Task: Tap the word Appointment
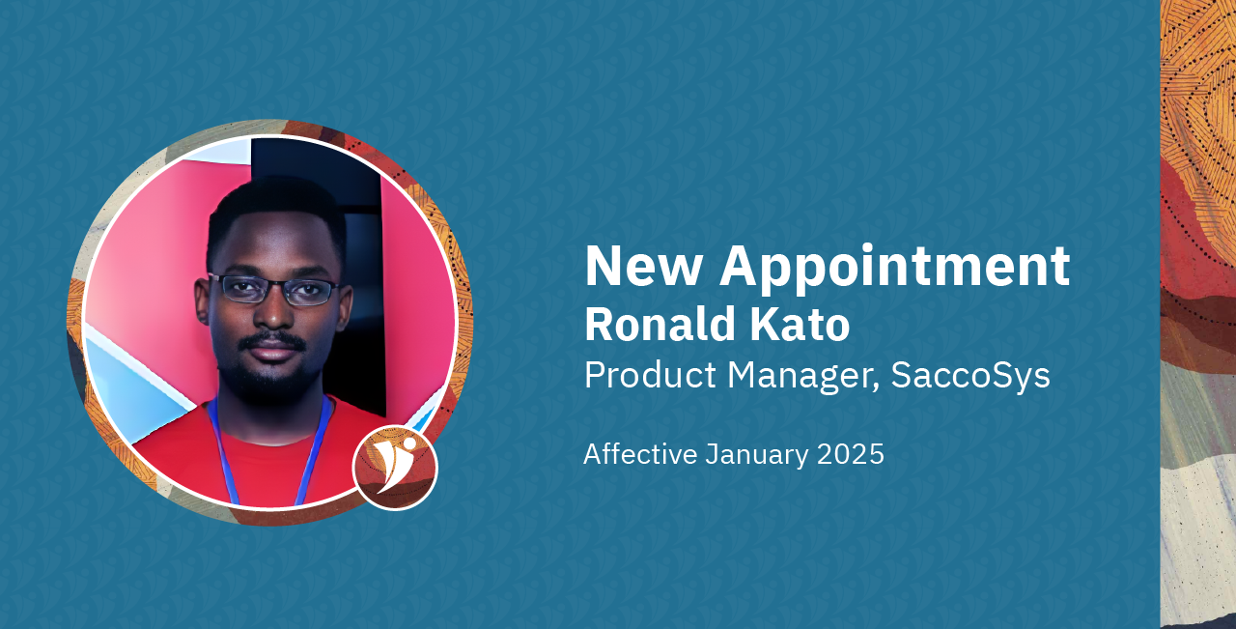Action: [894, 267]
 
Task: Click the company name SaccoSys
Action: [970, 375]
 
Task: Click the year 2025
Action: [851, 454]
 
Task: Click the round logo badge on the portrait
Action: [395, 468]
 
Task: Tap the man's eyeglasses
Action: [273, 289]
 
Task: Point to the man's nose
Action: [272, 317]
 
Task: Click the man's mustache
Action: [272, 340]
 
